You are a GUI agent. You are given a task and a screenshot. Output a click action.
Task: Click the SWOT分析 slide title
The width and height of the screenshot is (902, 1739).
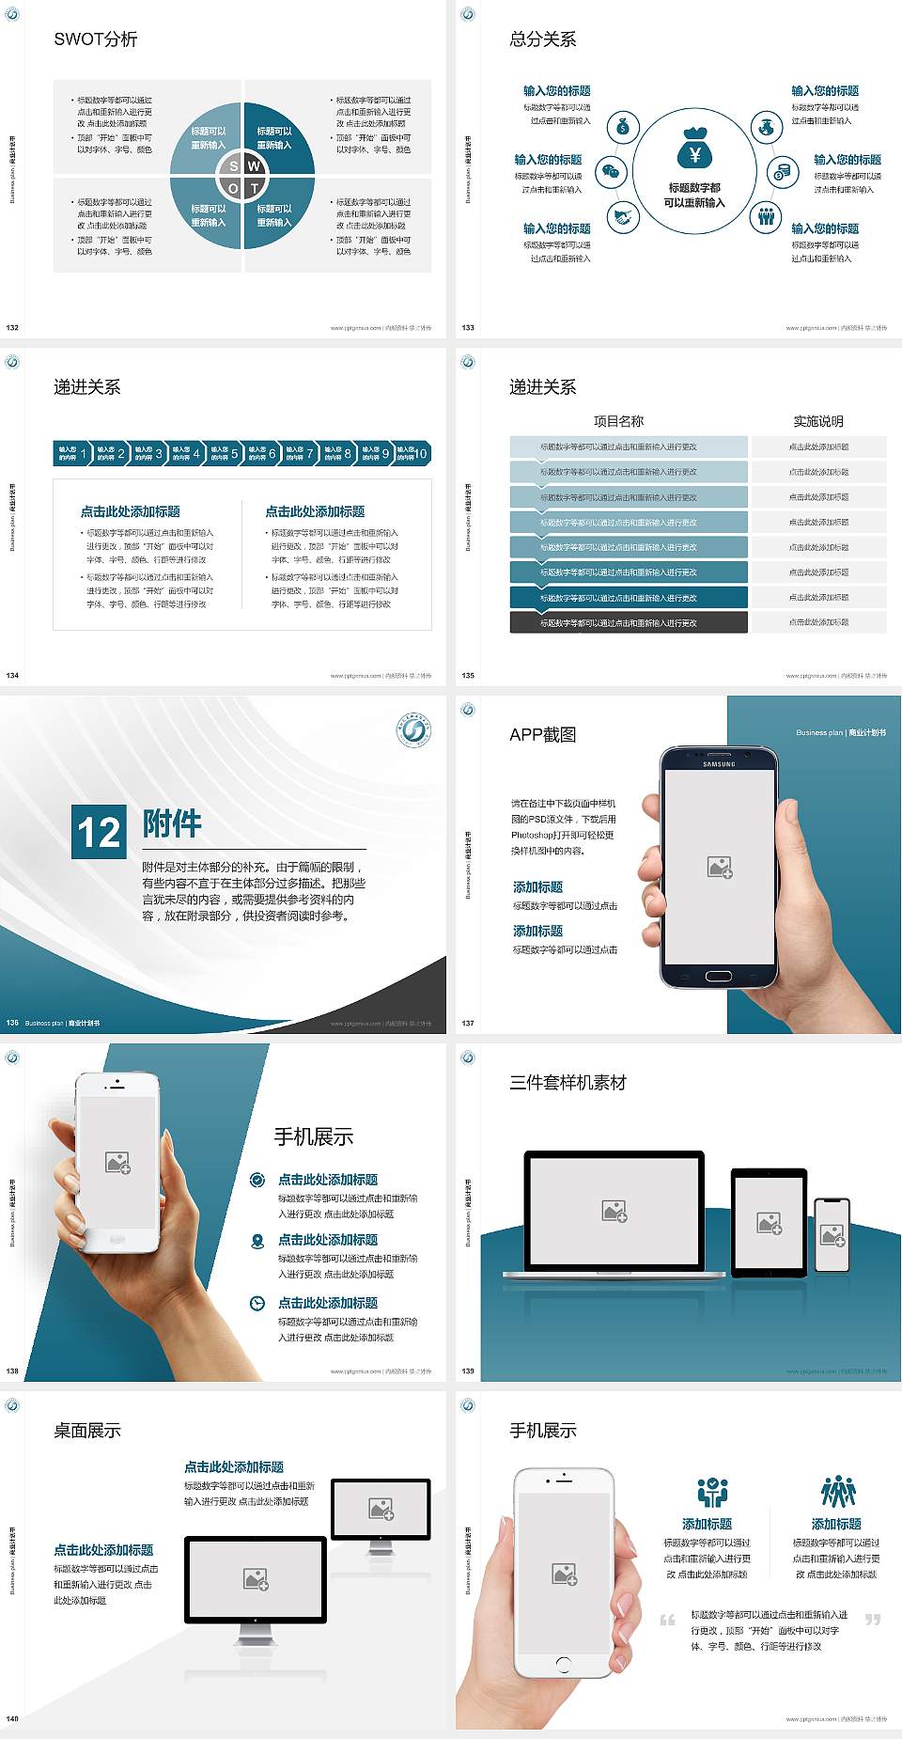coord(96,39)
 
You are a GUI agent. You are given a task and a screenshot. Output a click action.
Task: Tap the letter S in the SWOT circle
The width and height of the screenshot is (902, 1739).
coord(234,166)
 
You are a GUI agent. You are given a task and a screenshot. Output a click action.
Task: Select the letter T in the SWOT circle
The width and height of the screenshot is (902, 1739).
coord(254,188)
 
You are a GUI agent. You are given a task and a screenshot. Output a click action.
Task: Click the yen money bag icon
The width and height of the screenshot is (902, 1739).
coord(694,149)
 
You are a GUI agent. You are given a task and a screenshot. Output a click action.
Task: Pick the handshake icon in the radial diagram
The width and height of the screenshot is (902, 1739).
coord(622,217)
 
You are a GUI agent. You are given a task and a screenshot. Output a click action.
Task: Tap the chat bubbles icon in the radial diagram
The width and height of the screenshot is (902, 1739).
coord(612,171)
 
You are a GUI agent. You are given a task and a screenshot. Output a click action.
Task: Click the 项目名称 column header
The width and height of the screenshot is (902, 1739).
coord(618,421)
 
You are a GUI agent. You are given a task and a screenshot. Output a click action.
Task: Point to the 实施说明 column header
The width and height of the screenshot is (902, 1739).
coord(818,421)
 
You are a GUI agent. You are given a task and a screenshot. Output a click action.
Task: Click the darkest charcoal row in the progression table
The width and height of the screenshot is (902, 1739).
coord(629,622)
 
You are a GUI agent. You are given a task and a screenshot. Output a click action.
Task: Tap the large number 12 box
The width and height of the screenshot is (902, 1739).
coord(99,832)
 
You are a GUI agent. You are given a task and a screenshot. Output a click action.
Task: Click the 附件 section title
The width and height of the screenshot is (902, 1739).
coord(172,823)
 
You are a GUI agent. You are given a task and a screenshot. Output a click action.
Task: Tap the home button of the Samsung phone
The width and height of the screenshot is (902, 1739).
coord(719,976)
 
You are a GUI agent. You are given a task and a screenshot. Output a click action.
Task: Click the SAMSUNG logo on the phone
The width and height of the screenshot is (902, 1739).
coord(719,764)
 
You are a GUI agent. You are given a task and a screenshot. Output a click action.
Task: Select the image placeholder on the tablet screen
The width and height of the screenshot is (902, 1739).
coord(769,1223)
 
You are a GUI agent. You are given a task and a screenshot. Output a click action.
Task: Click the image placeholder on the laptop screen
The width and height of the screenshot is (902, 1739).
coord(614,1211)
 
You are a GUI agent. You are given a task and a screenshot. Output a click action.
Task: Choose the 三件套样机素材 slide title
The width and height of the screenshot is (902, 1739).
coord(568,1083)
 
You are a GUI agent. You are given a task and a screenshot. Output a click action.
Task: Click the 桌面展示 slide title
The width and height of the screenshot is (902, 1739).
coord(87,1431)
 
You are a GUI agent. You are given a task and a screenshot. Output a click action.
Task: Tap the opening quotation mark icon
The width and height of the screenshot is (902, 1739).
coord(667,1620)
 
